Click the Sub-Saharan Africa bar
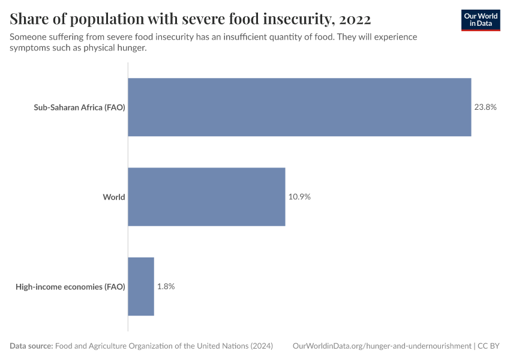[299, 107]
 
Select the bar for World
[206, 197]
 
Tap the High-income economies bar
[141, 286]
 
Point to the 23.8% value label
[485, 107]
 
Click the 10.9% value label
[299, 197]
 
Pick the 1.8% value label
[166, 286]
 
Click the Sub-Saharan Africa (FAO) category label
[79, 108]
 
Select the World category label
[113, 197]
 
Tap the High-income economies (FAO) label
[70, 287]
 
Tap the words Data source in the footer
[31, 346]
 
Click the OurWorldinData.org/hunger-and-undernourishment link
[382, 346]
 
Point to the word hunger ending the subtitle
[131, 48]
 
